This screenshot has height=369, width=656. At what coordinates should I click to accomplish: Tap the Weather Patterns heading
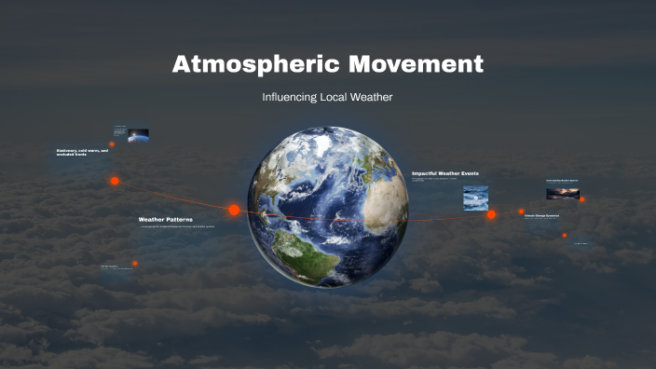coord(166,219)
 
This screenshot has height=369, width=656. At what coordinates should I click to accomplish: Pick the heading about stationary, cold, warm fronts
coord(82,152)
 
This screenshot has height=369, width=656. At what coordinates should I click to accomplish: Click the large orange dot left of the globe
coord(234,210)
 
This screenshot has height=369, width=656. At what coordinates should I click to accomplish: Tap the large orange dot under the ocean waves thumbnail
coord(491,214)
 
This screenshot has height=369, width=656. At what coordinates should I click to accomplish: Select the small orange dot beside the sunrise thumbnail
coord(112,144)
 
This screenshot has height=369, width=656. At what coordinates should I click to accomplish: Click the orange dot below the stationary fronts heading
coord(115,181)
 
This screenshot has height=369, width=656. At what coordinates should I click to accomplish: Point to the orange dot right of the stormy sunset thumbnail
coord(582,198)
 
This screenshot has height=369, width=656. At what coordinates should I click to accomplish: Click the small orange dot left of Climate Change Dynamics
coord(522,212)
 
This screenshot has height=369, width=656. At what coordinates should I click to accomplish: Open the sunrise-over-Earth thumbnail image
coord(138,134)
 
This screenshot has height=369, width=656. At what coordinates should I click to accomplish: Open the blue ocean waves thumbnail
coord(475,197)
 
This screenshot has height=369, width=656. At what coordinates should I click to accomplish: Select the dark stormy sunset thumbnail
coord(562,194)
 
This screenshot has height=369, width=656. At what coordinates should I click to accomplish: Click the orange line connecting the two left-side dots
coord(172,195)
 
